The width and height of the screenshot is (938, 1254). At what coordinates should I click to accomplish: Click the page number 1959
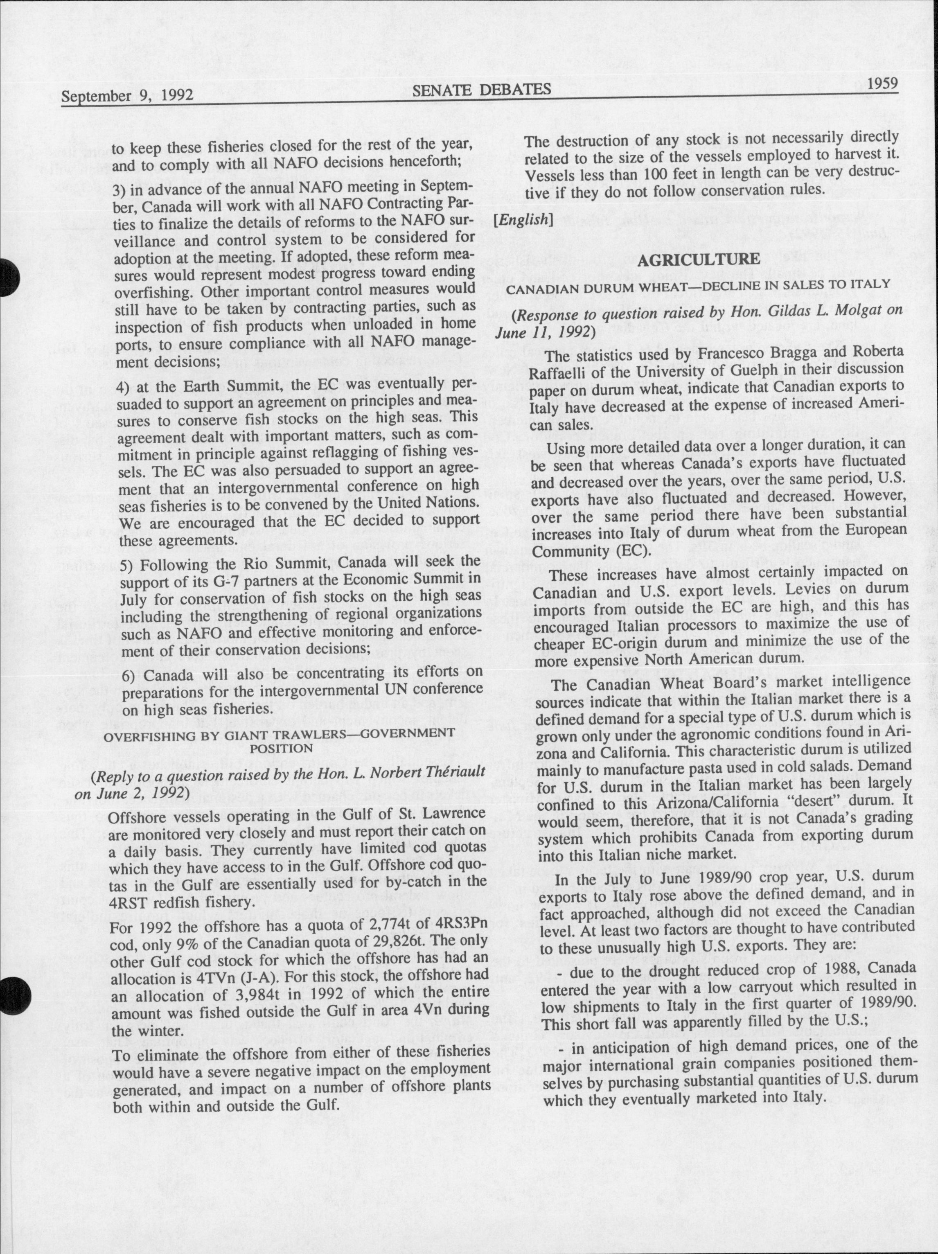pos(882,84)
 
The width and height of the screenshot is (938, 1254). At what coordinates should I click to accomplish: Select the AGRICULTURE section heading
pos(699,259)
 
